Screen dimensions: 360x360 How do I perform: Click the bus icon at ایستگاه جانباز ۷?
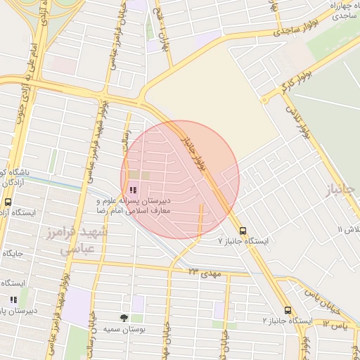(x=243, y=231)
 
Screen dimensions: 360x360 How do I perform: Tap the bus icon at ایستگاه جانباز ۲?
(x=288, y=310)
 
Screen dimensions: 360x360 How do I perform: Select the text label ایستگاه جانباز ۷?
(x=243, y=241)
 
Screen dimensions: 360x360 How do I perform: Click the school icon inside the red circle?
(x=134, y=190)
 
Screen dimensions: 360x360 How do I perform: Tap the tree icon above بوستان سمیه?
(x=124, y=318)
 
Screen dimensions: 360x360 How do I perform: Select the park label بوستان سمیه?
(x=124, y=328)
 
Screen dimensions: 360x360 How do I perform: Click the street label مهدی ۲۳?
(x=205, y=271)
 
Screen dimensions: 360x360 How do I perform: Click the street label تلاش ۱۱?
(x=349, y=230)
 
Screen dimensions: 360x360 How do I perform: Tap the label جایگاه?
(x=13, y=252)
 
